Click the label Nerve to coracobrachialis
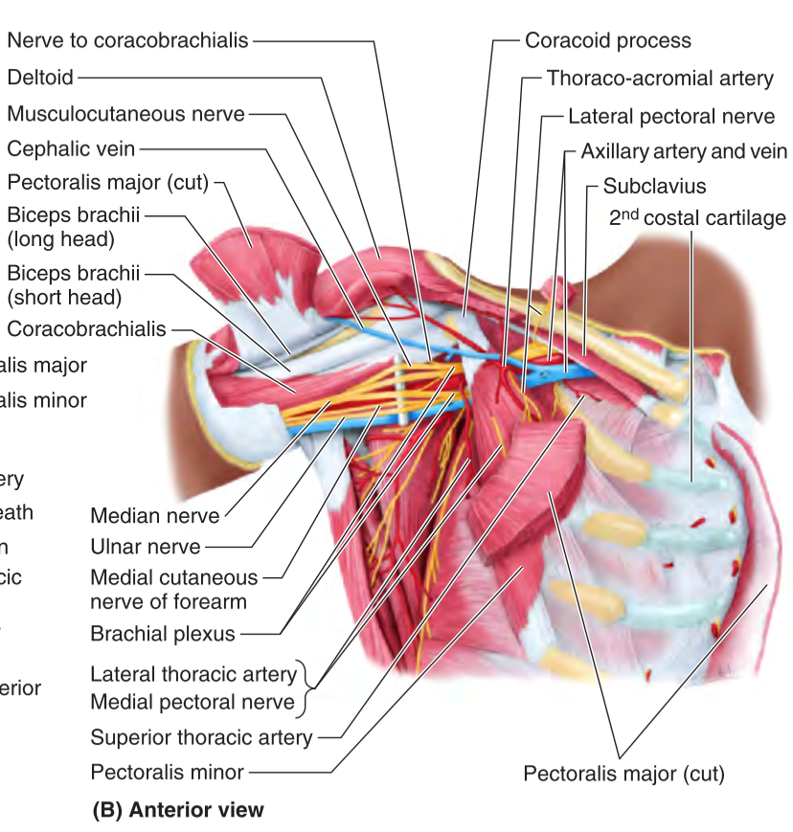(x=127, y=40)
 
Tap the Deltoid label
(x=39, y=77)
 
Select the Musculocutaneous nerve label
(x=125, y=114)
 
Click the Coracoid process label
(x=607, y=41)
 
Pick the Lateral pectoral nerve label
(x=671, y=117)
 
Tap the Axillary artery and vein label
(x=684, y=152)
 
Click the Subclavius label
(x=654, y=185)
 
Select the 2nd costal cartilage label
(x=697, y=218)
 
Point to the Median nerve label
(x=154, y=516)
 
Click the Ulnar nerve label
(x=146, y=547)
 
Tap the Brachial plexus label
(x=162, y=633)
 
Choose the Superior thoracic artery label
(x=201, y=737)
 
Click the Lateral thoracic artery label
(x=193, y=673)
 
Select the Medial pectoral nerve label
(x=193, y=702)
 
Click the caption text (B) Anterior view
(x=177, y=809)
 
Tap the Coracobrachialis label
(x=86, y=329)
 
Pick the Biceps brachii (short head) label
(x=73, y=284)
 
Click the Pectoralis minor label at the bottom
(x=168, y=772)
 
